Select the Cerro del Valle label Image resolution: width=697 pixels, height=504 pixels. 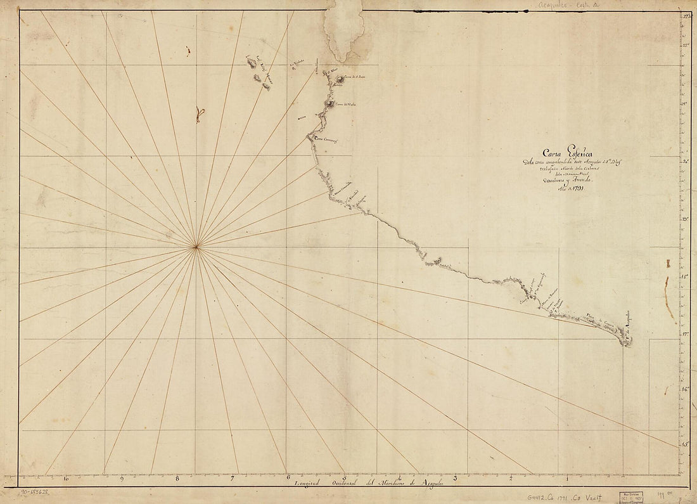pos(347,105)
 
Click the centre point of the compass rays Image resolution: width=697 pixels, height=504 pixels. pos(197,246)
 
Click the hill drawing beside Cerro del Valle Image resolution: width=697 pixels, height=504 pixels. pos(331,104)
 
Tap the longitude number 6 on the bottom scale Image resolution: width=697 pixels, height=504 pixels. pos(288,477)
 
